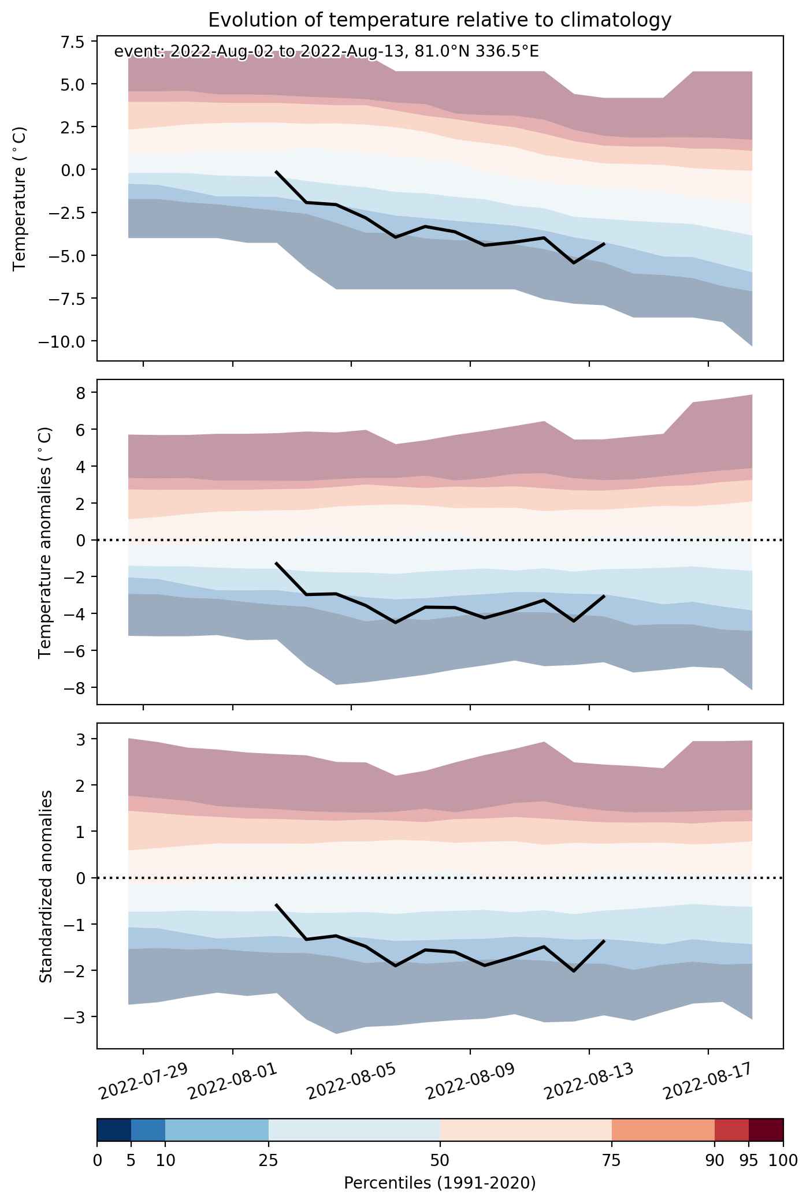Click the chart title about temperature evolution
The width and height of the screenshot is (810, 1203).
pos(440,20)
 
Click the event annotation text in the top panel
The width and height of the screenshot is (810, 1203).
pos(326,52)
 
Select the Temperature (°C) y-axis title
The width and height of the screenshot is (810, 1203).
pos(21,199)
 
